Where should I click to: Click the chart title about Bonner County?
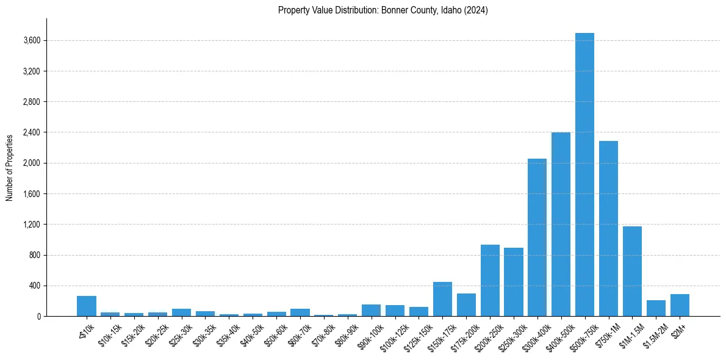click(x=383, y=10)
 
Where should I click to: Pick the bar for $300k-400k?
click(x=537, y=237)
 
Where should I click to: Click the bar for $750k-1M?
click(x=608, y=228)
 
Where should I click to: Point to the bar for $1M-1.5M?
click(x=632, y=271)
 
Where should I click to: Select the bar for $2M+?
click(x=680, y=305)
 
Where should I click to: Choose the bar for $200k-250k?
click(x=490, y=280)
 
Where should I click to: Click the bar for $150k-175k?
click(x=442, y=299)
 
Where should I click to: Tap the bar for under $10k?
click(x=87, y=306)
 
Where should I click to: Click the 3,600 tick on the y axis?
click(x=31, y=41)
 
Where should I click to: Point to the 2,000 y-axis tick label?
click(x=31, y=164)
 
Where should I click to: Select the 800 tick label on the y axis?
click(x=34, y=255)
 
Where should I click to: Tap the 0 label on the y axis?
click(x=38, y=317)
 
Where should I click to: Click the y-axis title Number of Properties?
click(x=10, y=167)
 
